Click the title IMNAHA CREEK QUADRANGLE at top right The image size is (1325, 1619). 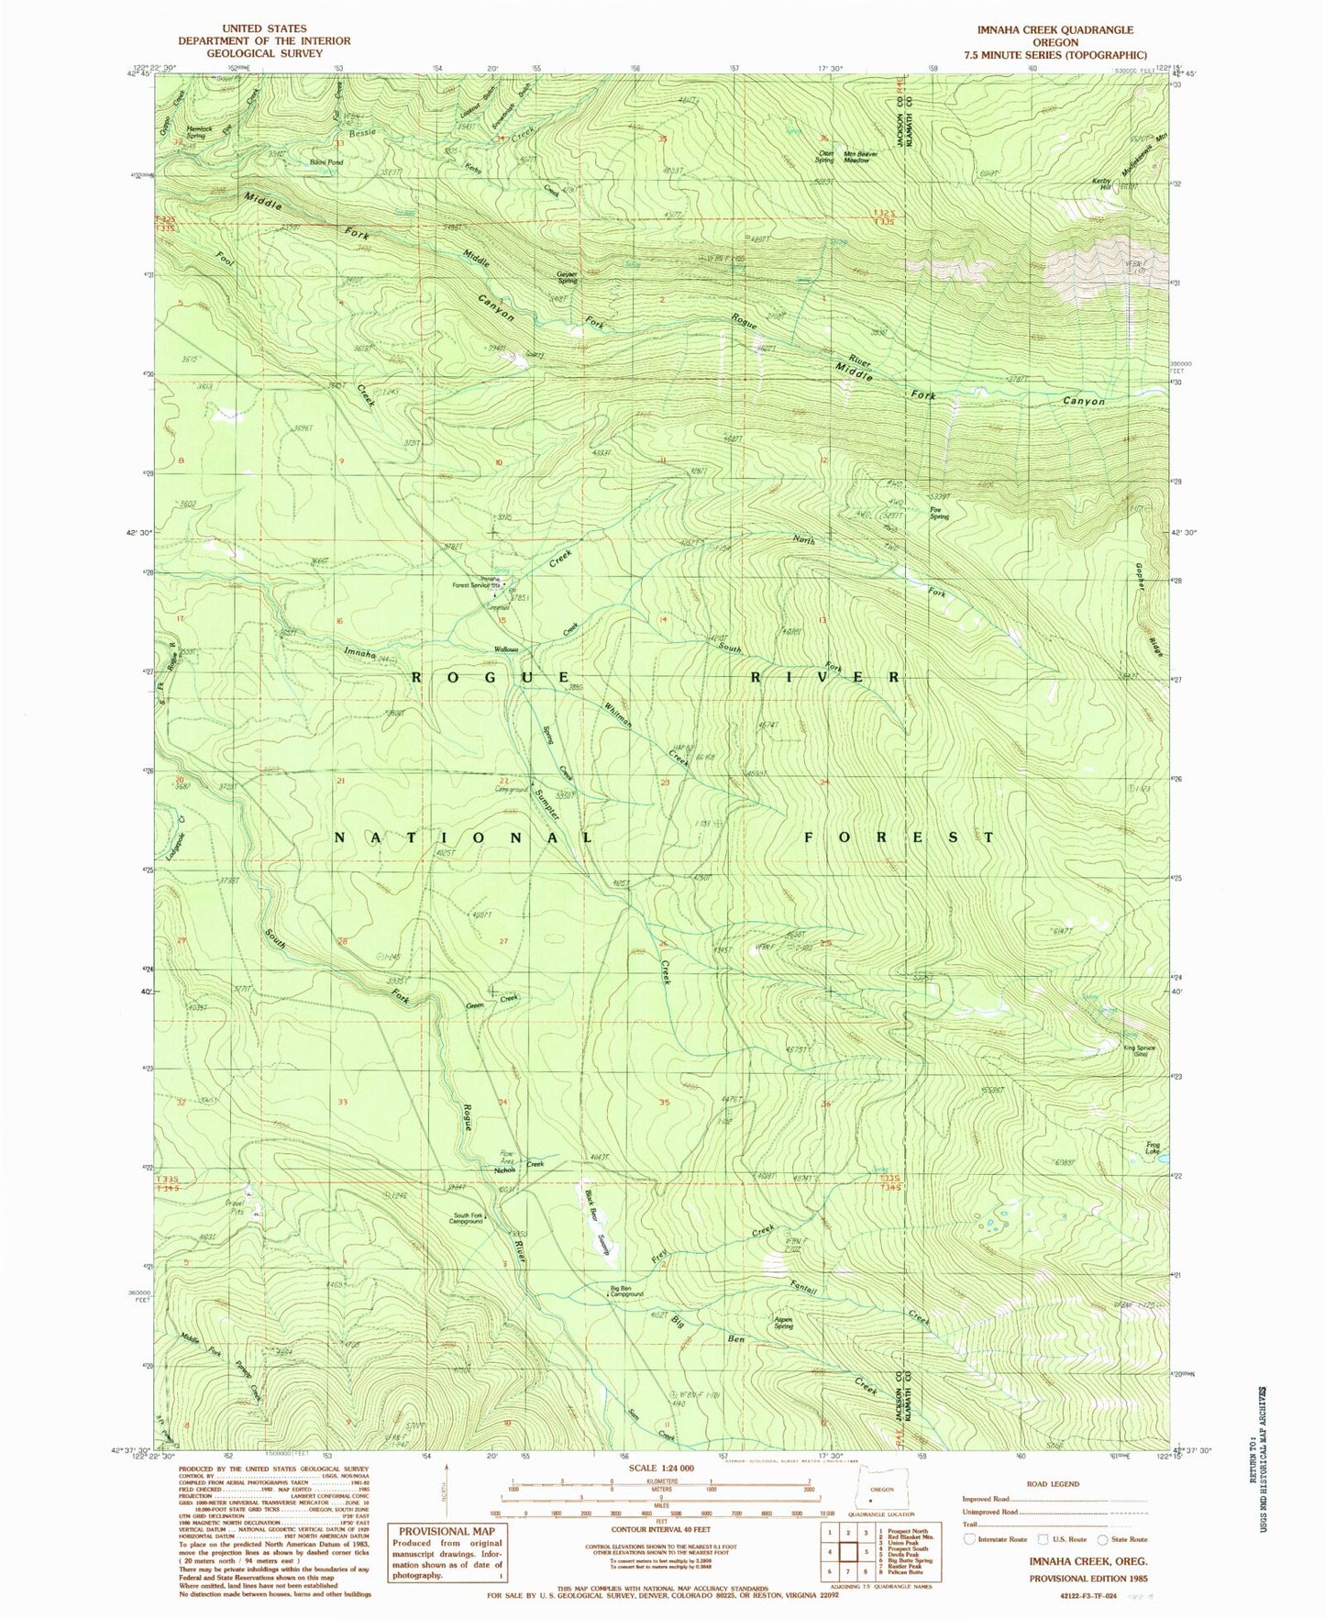click(1054, 30)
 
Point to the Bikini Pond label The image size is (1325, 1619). click(326, 162)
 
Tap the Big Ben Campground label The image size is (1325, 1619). click(626, 1292)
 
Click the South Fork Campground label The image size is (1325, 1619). click(467, 1219)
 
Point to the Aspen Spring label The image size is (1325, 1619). click(783, 1323)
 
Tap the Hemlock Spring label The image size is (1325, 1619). click(199, 132)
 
